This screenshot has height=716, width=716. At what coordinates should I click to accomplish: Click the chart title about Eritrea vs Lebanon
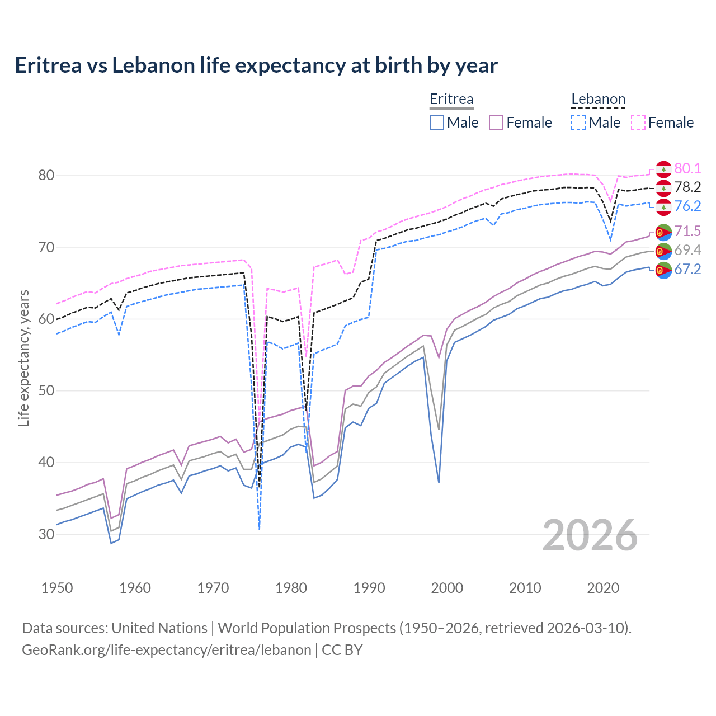pos(256,65)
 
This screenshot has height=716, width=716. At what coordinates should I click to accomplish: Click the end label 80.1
pos(687,168)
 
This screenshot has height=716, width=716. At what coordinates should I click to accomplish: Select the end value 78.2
pos(687,187)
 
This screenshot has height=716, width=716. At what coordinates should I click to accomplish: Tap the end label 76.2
pos(687,206)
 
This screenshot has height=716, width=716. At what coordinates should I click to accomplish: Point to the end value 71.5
pos(687,231)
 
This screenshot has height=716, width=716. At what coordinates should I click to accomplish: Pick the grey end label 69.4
pos(687,250)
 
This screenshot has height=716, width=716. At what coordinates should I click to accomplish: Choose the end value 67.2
pos(687,269)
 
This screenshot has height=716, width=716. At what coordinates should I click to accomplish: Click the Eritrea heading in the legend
pos(451,99)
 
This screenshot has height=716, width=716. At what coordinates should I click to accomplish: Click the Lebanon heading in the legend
pos(598,99)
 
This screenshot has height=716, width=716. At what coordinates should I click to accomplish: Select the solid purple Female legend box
pos(496,123)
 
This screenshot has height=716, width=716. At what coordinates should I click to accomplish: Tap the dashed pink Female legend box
pos(638,123)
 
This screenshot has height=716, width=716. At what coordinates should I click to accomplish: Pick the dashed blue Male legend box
pos(578,123)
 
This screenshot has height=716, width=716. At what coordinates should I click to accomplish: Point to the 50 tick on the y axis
pos(46,390)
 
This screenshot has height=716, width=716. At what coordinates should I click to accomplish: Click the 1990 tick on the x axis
pos(369,588)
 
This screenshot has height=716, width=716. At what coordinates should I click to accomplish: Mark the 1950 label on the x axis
pos(57,588)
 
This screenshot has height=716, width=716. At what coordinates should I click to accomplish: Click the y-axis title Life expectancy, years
pos(24,358)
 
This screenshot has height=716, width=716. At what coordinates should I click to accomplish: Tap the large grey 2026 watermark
pos(590,535)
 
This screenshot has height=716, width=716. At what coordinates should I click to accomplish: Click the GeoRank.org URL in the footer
pos(166,650)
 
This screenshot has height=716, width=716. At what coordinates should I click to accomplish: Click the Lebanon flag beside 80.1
pos(663,169)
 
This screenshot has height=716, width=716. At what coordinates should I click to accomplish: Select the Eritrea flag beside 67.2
pos(663,270)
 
